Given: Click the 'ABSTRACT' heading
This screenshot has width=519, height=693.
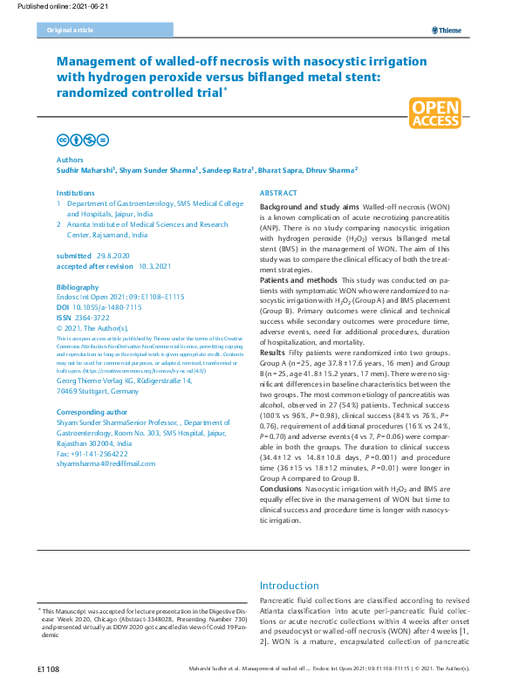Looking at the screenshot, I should click(x=279, y=193).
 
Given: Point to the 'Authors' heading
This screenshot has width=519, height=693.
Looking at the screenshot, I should click(x=70, y=161).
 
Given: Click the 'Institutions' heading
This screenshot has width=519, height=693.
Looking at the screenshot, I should click(x=76, y=192).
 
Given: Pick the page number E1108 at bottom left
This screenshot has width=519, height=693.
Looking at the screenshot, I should click(x=47, y=669).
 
